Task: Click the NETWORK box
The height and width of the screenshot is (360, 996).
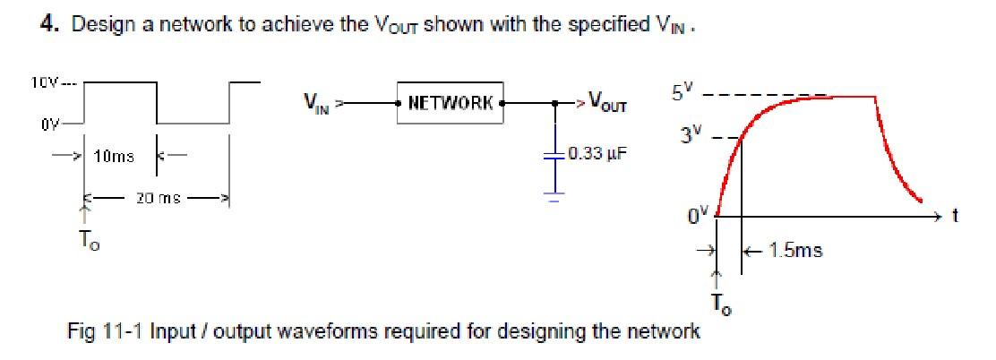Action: [451, 102]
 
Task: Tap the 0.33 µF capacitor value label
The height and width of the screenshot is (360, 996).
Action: [592, 153]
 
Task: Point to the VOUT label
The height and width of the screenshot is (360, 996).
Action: [606, 104]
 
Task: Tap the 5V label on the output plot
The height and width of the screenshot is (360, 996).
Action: [682, 91]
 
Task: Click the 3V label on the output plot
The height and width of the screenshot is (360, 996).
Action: [690, 135]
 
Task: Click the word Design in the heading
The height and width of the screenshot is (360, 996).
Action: [99, 24]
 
